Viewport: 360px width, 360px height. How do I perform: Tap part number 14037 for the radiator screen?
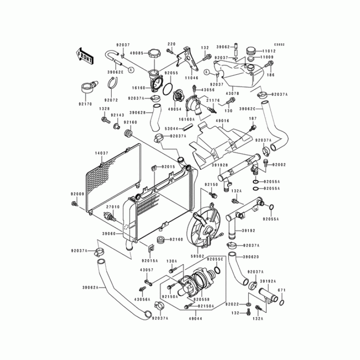pos(101,153)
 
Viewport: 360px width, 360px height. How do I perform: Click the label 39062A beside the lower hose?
pos(90,288)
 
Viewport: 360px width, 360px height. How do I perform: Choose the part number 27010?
pos(112,207)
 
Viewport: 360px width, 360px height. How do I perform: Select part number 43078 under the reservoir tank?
pos(232,93)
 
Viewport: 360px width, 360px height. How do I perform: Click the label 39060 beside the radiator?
pos(108,234)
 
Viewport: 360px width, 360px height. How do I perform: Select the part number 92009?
pos(77,194)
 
